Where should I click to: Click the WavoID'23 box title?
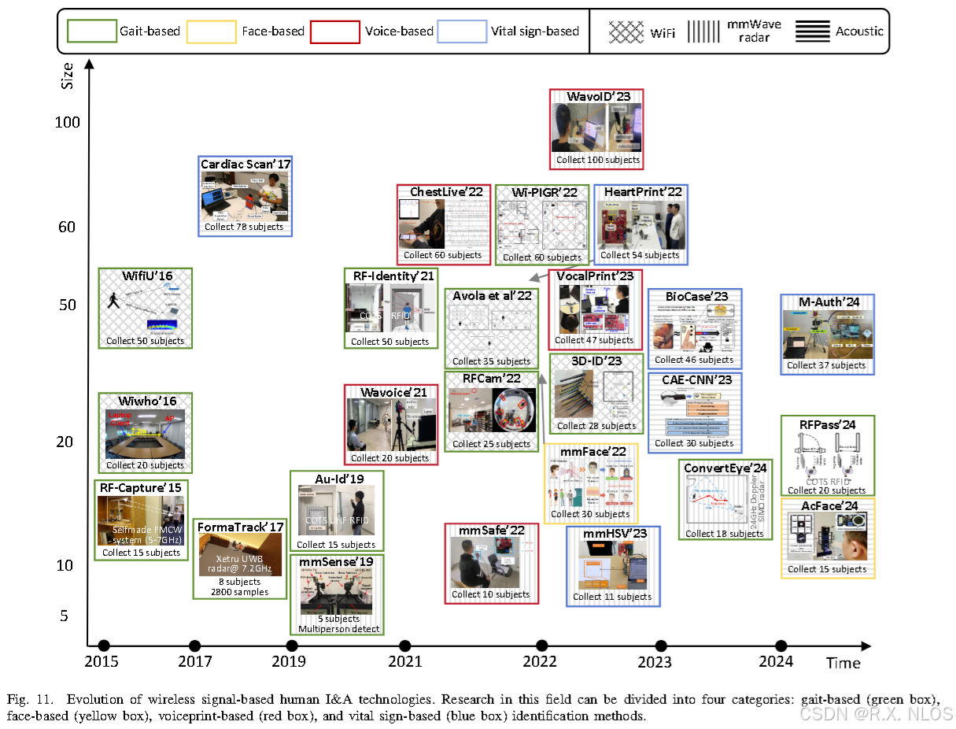click(598, 96)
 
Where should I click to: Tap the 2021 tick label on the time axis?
click(405, 663)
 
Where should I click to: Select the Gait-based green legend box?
click(91, 31)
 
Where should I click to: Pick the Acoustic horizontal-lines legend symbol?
click(813, 31)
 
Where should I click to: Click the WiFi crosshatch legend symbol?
click(626, 31)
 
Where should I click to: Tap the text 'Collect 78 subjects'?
click(244, 227)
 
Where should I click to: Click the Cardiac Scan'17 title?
click(245, 165)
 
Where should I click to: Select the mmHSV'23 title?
click(615, 534)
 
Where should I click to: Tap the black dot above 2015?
click(103, 646)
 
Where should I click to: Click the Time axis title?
click(843, 663)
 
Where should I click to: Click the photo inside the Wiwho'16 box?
click(145, 434)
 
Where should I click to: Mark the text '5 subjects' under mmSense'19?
click(338, 619)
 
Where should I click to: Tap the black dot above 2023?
click(661, 646)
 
